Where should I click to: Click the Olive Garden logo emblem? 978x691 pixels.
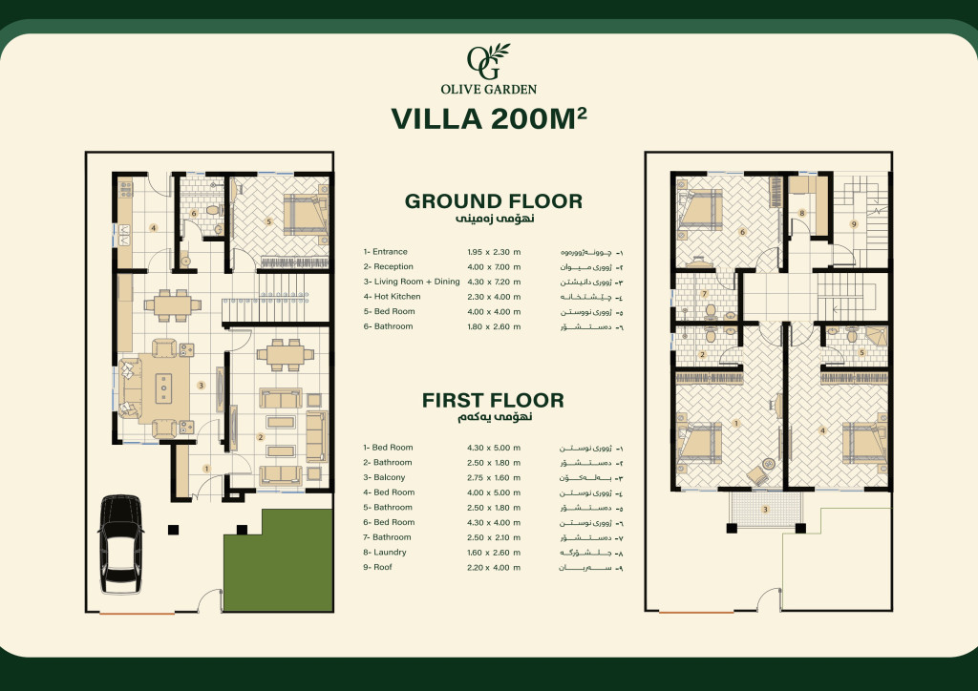click(x=488, y=62)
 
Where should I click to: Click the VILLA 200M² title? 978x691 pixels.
click(x=489, y=118)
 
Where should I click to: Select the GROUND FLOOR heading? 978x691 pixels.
click(x=494, y=201)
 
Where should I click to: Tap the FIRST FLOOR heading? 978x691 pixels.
click(x=493, y=400)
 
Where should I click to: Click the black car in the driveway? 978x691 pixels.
click(x=120, y=544)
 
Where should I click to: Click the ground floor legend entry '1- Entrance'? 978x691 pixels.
click(x=386, y=252)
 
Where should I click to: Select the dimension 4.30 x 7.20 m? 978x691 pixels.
click(x=494, y=283)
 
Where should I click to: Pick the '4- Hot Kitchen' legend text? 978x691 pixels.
click(x=393, y=297)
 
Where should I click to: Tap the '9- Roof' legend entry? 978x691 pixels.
click(x=378, y=567)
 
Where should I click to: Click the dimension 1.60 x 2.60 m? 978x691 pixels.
click(x=494, y=553)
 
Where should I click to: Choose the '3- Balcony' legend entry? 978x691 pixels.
click(x=384, y=477)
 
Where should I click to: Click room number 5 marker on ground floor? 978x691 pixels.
click(x=268, y=221)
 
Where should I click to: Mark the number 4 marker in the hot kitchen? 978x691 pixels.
click(x=153, y=228)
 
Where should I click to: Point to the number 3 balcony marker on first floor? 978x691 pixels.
click(x=765, y=509)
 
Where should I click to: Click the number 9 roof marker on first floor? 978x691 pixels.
click(x=854, y=223)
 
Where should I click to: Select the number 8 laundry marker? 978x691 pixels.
click(x=802, y=213)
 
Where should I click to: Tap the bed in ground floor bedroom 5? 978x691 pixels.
click(x=304, y=215)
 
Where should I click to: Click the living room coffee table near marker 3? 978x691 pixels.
click(x=164, y=387)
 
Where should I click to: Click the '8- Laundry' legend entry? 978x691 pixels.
click(x=385, y=552)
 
